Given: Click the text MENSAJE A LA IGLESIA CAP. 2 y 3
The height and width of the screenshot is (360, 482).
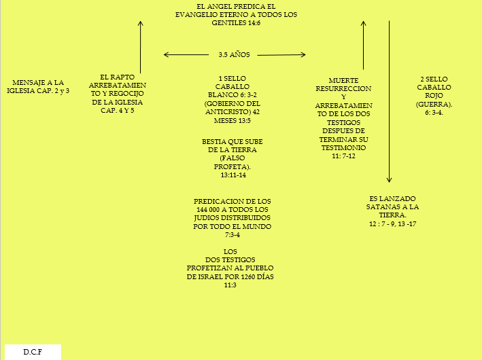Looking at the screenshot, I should (x=38, y=86).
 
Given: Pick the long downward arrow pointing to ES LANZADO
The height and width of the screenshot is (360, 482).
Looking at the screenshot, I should (x=390, y=102).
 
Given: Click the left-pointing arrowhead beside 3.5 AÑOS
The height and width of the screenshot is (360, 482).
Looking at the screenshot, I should (x=167, y=54).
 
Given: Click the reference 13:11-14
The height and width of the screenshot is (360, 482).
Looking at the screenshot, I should (x=233, y=175).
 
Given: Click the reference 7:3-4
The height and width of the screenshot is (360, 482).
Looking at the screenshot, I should (x=233, y=234).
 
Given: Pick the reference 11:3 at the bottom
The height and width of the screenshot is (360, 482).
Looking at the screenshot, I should (x=230, y=285).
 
